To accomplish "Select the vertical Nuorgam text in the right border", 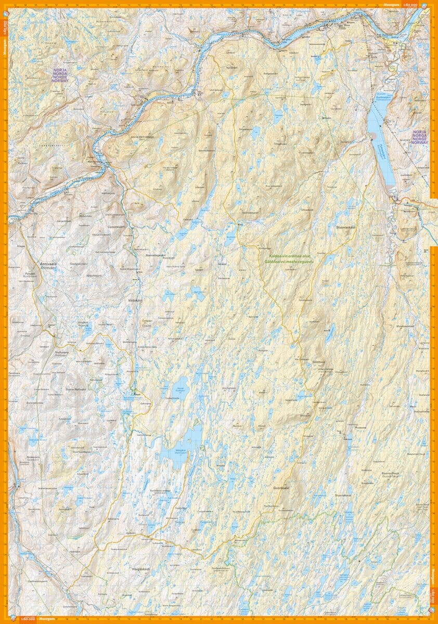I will (433, 577).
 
